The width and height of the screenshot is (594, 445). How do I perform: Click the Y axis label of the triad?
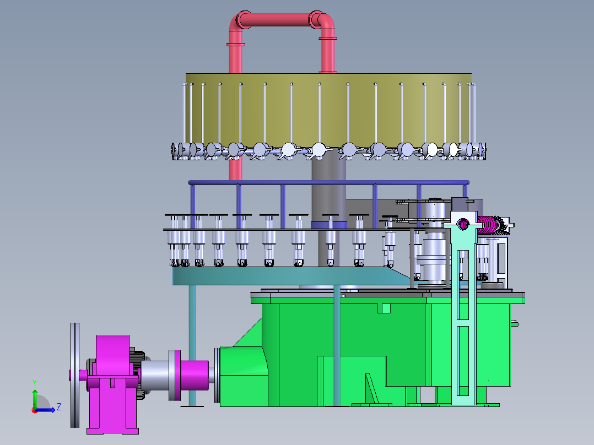coord(35,383)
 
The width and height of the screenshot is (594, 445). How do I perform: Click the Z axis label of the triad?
coord(59,407)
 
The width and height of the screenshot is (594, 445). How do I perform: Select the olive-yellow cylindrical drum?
coord(329,110)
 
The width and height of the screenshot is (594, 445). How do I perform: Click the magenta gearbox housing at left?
coord(112,383)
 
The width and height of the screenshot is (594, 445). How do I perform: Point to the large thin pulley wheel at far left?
coord(75,375)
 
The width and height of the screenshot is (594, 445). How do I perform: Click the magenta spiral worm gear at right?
coord(487,225)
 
